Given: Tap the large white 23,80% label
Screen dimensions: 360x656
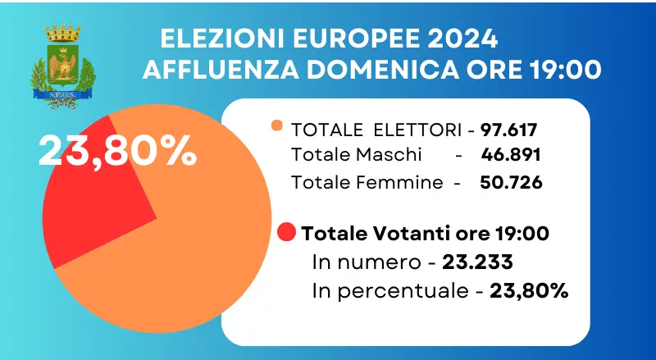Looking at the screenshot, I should tap(117, 150).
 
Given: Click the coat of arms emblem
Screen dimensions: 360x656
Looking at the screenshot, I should tap(61, 66).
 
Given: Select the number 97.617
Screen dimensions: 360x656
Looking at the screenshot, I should tap(513, 130).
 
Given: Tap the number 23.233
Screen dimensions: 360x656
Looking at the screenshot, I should tap(478, 262).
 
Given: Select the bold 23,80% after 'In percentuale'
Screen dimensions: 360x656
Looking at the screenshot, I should tap(529, 289).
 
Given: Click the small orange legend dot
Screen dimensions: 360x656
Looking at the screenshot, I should tap(276, 126).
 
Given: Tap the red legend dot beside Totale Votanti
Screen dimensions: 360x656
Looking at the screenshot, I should tap(287, 232).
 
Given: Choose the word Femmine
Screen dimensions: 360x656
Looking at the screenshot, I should tap(404, 182).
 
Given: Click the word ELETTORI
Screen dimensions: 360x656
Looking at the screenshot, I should tap(417, 130).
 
